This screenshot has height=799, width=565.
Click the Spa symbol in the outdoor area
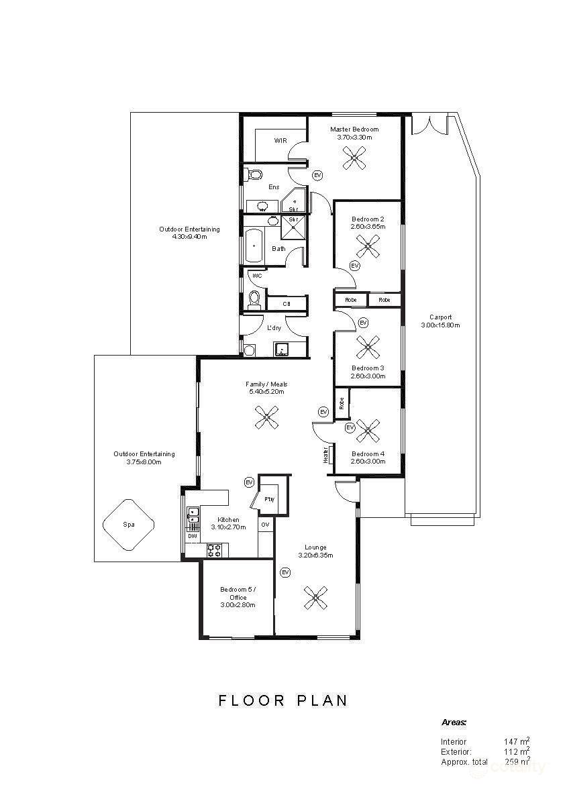coord(128,525)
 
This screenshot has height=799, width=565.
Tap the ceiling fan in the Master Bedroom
coord(354,158)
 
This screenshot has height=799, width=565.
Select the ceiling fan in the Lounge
coord(315,596)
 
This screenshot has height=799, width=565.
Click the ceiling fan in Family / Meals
coord(266,419)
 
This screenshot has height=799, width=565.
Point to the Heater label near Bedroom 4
coord(326,456)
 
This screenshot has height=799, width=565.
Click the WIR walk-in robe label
coord(280,141)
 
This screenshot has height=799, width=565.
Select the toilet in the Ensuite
coord(254,174)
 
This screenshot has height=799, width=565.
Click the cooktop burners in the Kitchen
coord(214,551)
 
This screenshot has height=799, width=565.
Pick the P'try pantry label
coord(270,499)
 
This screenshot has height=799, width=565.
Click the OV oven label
coord(265,525)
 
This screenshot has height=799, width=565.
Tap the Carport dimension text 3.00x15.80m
coord(440,325)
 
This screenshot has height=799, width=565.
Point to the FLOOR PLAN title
coord(283,700)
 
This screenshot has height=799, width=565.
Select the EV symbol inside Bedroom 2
coord(355,266)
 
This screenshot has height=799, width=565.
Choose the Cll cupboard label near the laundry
coord(286,304)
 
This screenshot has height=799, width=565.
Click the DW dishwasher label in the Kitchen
coord(193,536)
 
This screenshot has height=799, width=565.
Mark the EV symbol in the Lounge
coord(285,572)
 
